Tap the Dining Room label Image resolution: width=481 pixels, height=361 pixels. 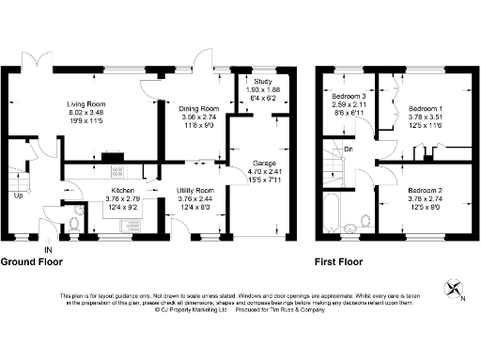(x=198, y=109)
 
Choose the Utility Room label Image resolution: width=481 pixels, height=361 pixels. (x=197, y=191)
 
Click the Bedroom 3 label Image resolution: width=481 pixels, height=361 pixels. (x=348, y=96)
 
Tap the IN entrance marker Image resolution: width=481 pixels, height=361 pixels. (x=47, y=249)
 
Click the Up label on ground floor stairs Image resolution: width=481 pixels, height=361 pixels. (x=17, y=196)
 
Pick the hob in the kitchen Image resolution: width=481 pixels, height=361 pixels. (x=118, y=171)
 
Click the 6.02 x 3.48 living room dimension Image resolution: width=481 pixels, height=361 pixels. (x=85, y=113)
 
